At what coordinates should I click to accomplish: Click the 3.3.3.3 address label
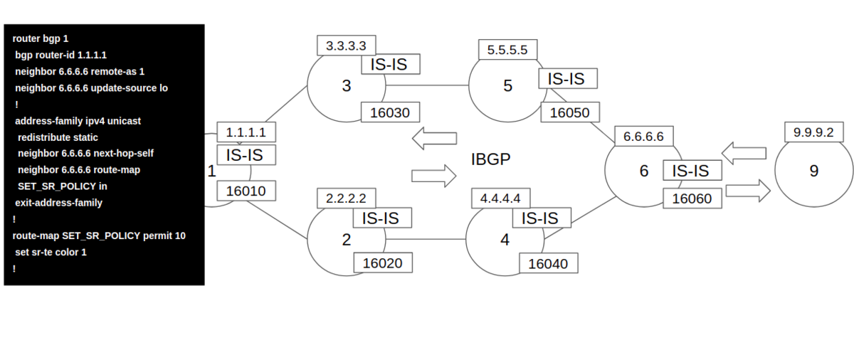coord(346,46)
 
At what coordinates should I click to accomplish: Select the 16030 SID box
coord(390,112)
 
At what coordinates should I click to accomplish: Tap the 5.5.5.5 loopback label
coord(508,50)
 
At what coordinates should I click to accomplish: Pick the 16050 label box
coord(570,112)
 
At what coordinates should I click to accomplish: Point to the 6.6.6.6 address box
coord(644,136)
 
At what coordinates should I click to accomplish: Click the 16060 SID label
coord(692,198)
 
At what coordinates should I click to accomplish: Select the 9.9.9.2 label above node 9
coord(813,132)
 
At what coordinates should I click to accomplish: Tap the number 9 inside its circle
coord(814,171)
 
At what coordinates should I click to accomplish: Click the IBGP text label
coord(490,159)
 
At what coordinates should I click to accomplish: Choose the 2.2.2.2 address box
coord(346,198)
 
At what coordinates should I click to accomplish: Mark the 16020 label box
coord(383,263)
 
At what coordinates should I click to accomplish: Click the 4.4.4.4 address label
coord(500,198)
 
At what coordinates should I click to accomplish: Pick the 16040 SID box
coord(549,263)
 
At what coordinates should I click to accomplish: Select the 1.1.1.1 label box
coord(246,132)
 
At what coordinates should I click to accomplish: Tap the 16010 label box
coord(246,191)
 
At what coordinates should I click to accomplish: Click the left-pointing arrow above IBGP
coord(435,138)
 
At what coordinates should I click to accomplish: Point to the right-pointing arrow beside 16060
coord(748,191)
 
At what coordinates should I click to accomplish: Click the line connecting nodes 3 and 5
coord(427,85)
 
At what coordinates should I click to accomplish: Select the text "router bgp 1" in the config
coord(41,38)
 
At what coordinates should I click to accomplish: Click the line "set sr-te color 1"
coord(51,252)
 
